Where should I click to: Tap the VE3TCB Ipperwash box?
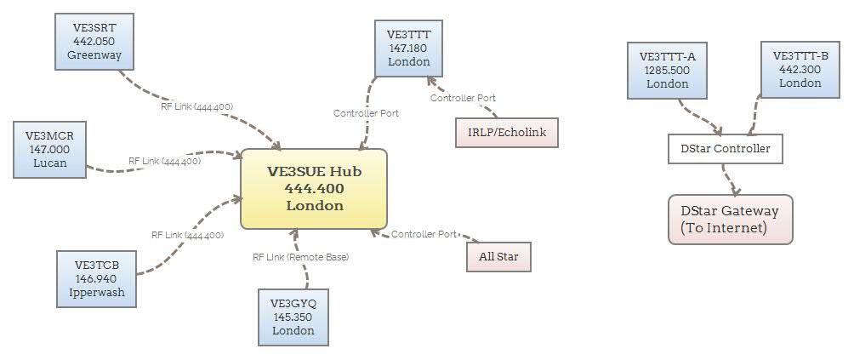(x=96, y=278)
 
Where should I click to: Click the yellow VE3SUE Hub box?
(x=314, y=189)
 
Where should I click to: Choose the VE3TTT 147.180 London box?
(x=408, y=49)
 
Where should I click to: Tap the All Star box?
(x=498, y=256)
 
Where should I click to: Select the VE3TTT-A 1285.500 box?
(x=667, y=71)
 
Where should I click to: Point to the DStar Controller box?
(x=724, y=149)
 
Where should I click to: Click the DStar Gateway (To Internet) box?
(x=730, y=219)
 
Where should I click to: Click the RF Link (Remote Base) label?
(x=300, y=256)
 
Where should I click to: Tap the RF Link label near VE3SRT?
(x=196, y=106)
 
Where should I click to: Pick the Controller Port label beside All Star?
(x=424, y=234)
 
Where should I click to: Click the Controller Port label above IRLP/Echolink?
(x=463, y=98)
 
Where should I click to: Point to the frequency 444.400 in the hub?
(x=314, y=189)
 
